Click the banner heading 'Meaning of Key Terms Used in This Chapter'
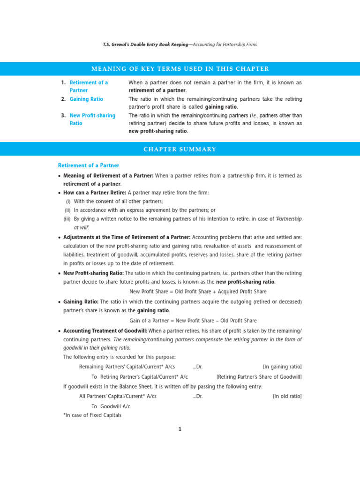coord(180,69)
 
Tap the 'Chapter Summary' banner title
coord(180,150)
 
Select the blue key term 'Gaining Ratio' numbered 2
coord(86,99)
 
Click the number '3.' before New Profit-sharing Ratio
coord(63,116)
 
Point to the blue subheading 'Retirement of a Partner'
coord(88,165)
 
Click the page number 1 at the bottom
coord(180,429)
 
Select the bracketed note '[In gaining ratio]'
coord(282,367)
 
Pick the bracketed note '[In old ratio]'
coord(287,396)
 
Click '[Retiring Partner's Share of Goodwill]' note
coord(259,377)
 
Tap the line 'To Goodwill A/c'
coord(111,406)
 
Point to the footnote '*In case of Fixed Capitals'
coord(92,415)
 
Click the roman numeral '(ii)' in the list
coord(67,210)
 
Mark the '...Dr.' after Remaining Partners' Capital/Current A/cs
coord(197,367)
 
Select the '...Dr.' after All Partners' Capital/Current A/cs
coord(197,396)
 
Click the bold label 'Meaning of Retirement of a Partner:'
coord(108,176)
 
